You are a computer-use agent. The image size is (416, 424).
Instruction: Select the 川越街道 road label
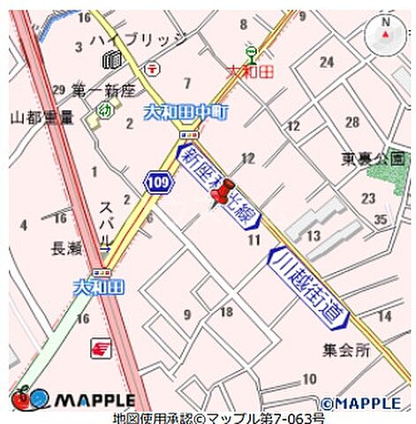[312, 284]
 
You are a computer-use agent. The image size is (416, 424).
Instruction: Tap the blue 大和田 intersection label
[98, 286]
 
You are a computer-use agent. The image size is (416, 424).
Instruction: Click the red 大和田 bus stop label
[250, 70]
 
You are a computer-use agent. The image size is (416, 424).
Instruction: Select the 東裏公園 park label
[374, 159]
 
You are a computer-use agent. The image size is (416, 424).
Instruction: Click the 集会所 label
[345, 351]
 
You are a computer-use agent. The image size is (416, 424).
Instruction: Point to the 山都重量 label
[41, 117]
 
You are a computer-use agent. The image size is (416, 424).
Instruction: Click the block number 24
[327, 62]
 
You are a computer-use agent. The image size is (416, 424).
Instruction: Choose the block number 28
[352, 122]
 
